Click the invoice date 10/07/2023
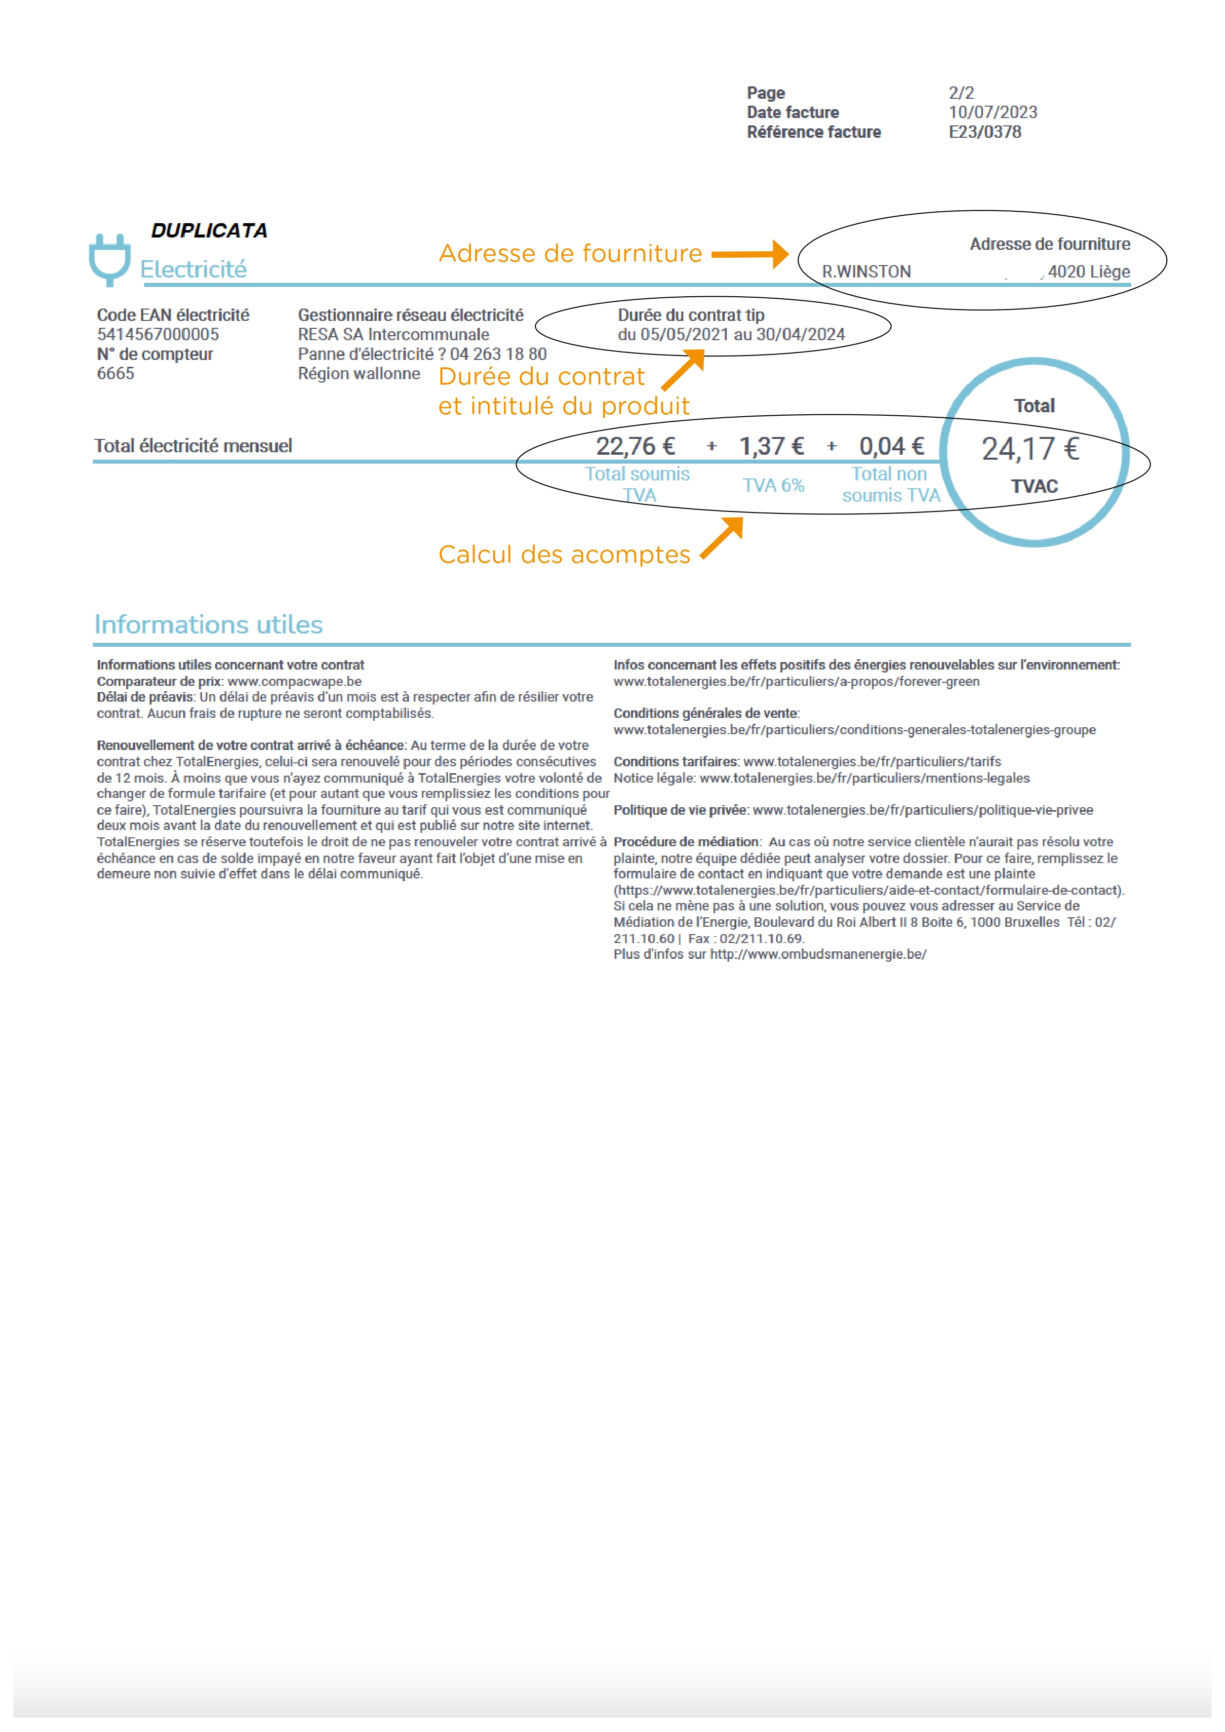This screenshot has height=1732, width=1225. pyautogui.click(x=992, y=113)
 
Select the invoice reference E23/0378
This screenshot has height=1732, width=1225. pyautogui.click(x=985, y=132)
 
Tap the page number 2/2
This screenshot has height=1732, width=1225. pyautogui.click(x=961, y=93)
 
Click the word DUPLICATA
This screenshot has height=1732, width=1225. pyautogui.click(x=209, y=231)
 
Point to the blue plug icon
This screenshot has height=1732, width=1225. pyautogui.click(x=110, y=260)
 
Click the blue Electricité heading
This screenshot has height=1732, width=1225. pyautogui.click(x=193, y=269)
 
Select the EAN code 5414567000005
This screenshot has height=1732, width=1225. pyautogui.click(x=158, y=334)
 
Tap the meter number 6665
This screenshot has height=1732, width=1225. pyautogui.click(x=116, y=373)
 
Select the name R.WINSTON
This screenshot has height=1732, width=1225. pyautogui.click(x=866, y=272)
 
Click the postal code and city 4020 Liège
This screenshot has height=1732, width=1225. pyautogui.click(x=1088, y=272)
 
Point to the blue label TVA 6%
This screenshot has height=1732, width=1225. pyautogui.click(x=773, y=485)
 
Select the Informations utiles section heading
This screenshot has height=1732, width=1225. pyautogui.click(x=208, y=625)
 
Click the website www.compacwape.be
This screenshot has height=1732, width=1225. pyautogui.click(x=294, y=681)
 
